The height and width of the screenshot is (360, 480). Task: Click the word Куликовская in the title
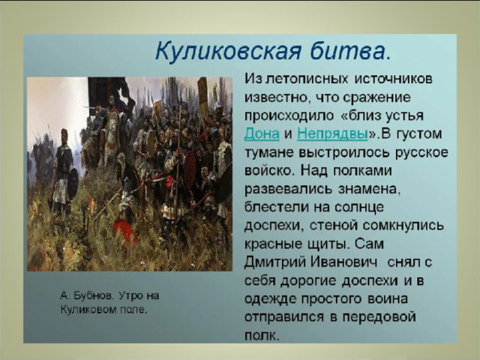[228, 51]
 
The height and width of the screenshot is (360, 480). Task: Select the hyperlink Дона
[262, 133]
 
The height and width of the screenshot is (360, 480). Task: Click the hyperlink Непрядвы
[332, 133]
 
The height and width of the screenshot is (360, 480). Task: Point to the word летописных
[307, 79]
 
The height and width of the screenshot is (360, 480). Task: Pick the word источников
[393, 79]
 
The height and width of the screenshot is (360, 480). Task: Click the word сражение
[376, 98]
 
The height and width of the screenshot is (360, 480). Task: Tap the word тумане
[268, 152]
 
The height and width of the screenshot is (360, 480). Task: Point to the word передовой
[379, 317]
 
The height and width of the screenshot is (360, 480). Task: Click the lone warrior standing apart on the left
[63, 172]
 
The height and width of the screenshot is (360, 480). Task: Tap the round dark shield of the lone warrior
[73, 184]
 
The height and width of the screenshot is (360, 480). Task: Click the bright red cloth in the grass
[125, 230]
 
